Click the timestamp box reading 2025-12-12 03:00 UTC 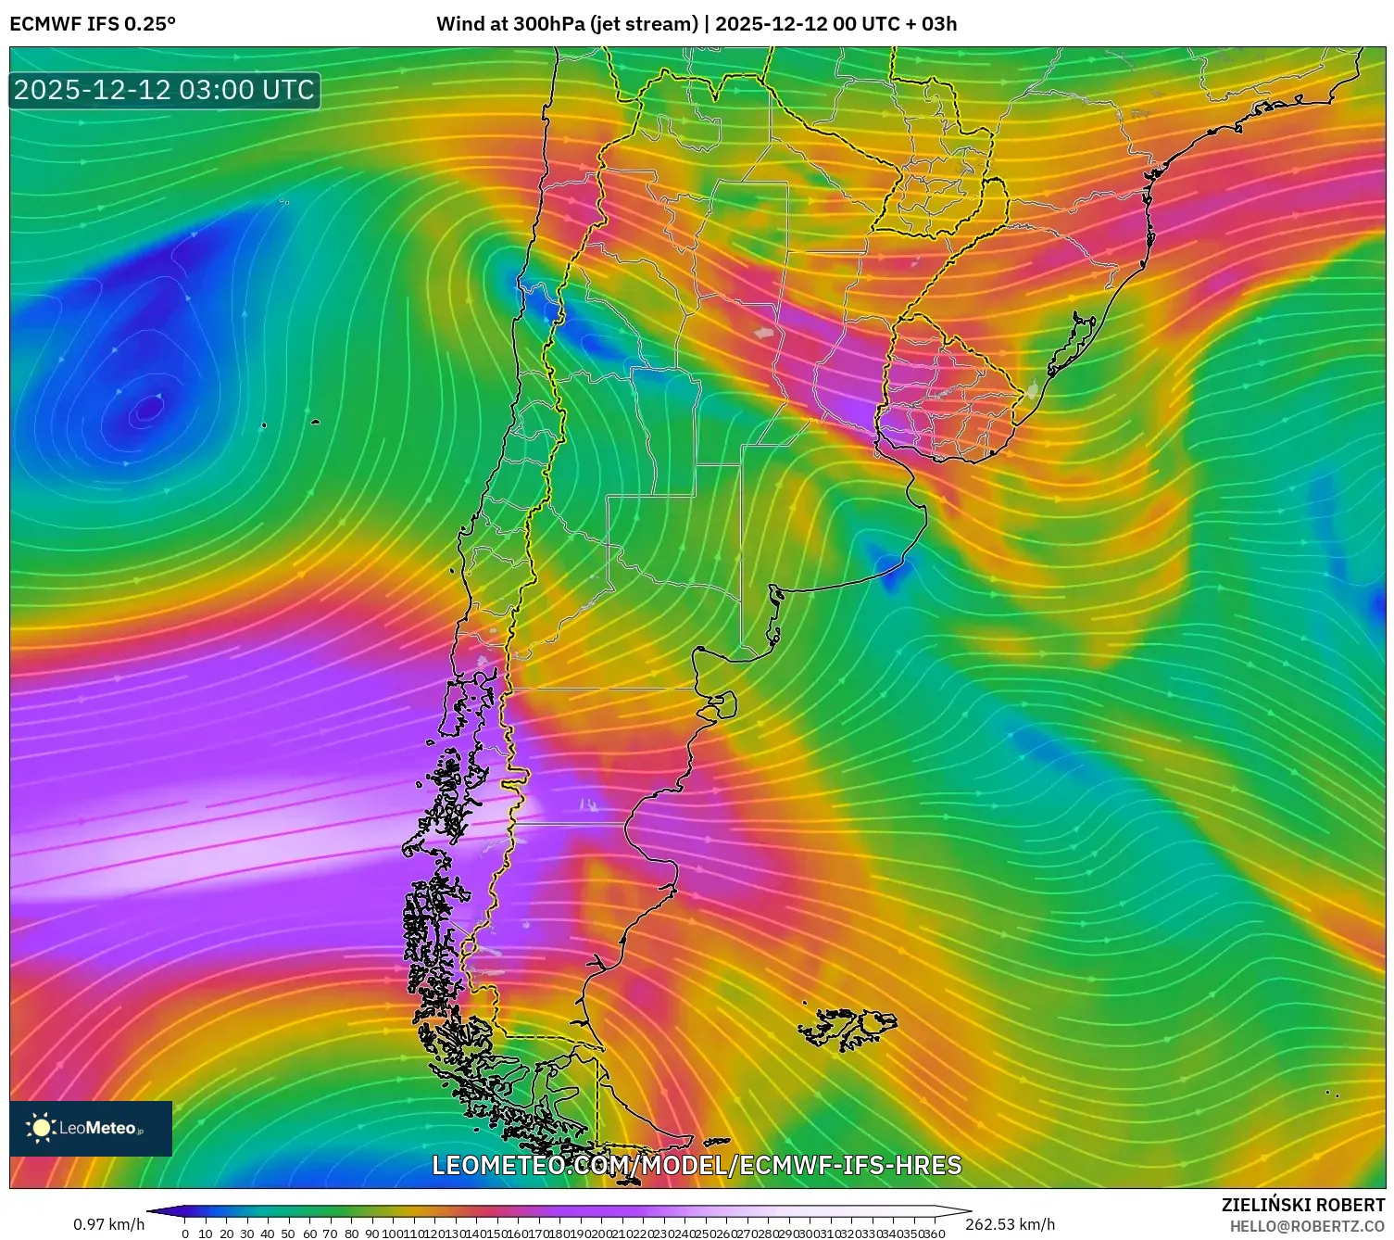coord(164,90)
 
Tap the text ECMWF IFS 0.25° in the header coord(93,24)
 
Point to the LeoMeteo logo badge coord(91,1128)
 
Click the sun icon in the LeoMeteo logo coord(41,1128)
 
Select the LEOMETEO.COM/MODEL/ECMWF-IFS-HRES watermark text coord(697,1165)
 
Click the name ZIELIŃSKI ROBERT coord(1302,1205)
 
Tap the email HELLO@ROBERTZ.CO coord(1306,1226)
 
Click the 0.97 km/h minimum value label coord(109,1225)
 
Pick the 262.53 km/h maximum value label coord(1010,1225)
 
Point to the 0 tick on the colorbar coord(185,1234)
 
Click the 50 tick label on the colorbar coord(288,1234)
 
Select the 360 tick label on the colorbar coord(934,1234)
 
